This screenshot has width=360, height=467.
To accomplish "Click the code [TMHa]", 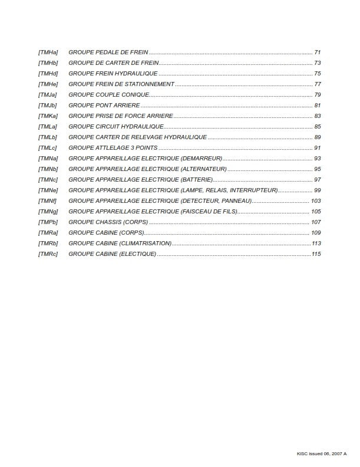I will (x=48, y=52).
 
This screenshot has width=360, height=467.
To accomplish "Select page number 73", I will (x=317, y=63).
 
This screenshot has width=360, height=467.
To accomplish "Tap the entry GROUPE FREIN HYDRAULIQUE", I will (x=113, y=74).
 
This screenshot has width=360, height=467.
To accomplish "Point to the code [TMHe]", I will (x=48, y=84).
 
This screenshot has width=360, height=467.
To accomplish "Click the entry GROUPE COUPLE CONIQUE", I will (x=109, y=95).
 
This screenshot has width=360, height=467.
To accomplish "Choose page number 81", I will (x=317, y=106).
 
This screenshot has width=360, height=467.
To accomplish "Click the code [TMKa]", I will (x=48, y=116).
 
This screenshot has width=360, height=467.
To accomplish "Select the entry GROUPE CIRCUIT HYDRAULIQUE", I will (x=116, y=127).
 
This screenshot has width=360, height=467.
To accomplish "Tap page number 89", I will (x=317, y=137).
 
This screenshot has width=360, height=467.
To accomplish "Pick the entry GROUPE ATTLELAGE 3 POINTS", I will (x=113, y=148).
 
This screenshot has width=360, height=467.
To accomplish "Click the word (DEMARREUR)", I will (x=201, y=159).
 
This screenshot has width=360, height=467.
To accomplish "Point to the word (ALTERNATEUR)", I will (x=203, y=169).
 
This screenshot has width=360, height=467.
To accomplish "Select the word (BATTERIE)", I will (x=196, y=180).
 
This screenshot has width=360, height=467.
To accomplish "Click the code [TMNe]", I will (x=48, y=190).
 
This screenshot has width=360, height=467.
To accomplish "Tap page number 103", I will (x=315, y=201).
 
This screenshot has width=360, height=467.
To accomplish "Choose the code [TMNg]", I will (x=48, y=212).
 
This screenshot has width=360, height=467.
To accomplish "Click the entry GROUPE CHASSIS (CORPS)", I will (x=108, y=222).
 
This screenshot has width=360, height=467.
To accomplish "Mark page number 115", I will (x=316, y=254).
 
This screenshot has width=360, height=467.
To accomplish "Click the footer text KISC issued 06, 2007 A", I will (x=322, y=453).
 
